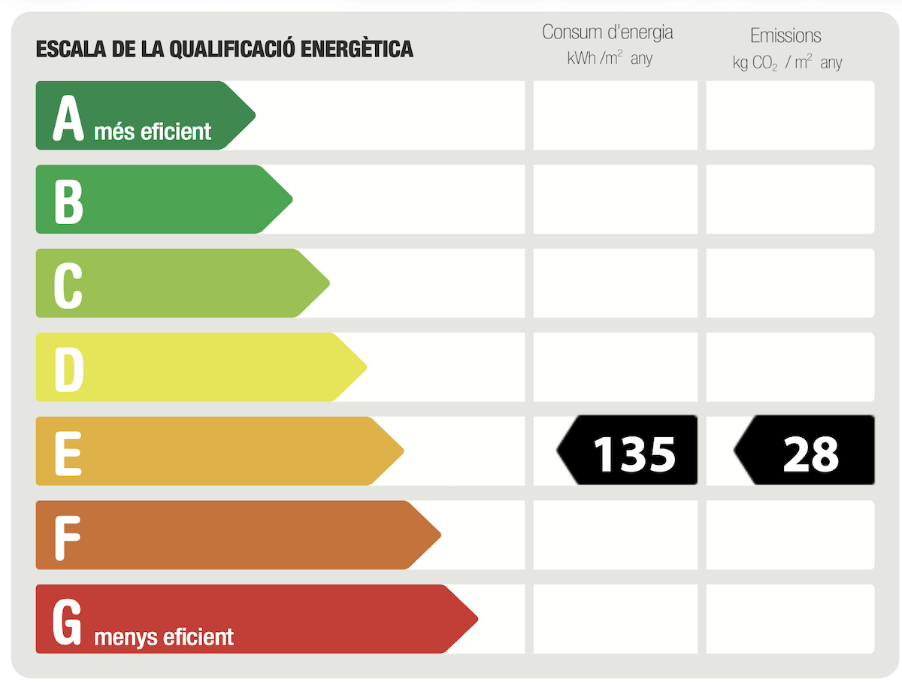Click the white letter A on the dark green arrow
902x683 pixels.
(x=68, y=117)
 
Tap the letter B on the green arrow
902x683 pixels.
(x=68, y=202)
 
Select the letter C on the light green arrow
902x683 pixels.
(x=68, y=285)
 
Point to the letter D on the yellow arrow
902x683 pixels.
(x=69, y=369)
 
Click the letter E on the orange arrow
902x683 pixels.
(x=68, y=453)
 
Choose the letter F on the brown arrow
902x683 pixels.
(x=68, y=538)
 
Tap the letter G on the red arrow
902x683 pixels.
(x=67, y=622)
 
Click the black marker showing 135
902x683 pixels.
(x=627, y=450)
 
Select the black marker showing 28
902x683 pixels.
(x=804, y=450)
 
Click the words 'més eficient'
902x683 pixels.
(x=153, y=132)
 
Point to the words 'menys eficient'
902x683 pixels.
(x=164, y=637)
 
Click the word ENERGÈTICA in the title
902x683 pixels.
(x=357, y=49)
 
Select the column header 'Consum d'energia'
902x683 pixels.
(x=607, y=32)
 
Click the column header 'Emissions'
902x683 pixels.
(x=785, y=36)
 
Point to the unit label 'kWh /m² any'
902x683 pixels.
(x=610, y=59)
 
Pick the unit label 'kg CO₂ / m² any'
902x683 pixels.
(x=787, y=63)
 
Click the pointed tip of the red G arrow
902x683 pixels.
(x=477, y=619)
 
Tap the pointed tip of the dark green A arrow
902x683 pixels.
(x=255, y=116)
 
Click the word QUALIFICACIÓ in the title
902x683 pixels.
(x=232, y=49)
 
